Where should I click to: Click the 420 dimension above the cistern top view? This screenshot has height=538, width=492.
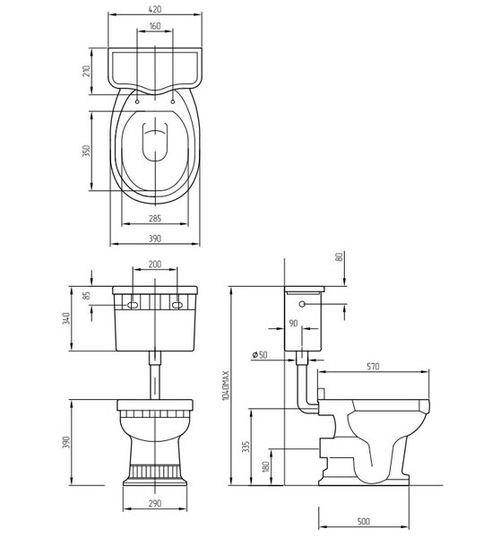point(155,9)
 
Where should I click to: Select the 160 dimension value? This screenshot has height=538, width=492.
point(155,26)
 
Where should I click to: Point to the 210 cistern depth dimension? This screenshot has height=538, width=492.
point(86,71)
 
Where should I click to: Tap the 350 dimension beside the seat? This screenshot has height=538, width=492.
point(86,151)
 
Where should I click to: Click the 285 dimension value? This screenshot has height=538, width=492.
point(155,218)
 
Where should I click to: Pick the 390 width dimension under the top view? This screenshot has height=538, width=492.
point(155,239)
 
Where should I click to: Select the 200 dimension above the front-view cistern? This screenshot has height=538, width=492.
point(155,265)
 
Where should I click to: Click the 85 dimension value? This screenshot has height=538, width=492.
point(87,295)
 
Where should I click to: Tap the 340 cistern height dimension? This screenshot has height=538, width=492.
point(66,318)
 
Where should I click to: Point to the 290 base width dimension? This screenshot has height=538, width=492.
point(155,503)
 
